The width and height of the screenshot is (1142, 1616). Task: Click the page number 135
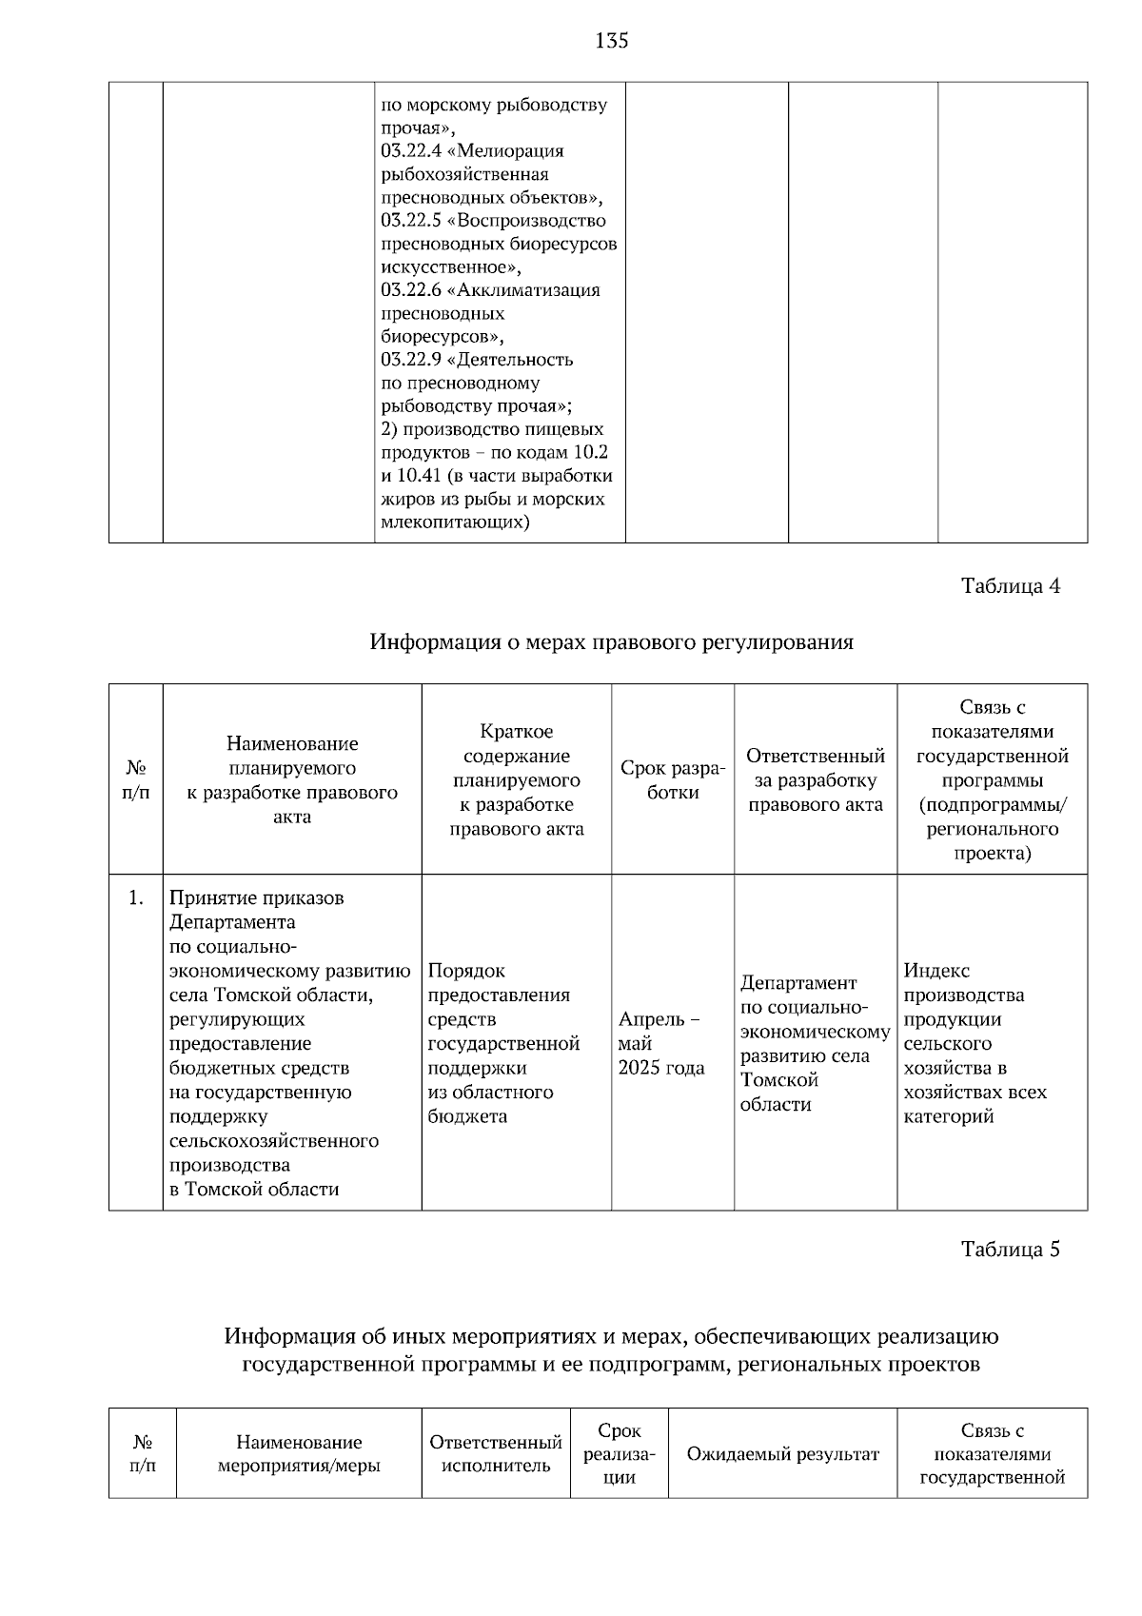611,40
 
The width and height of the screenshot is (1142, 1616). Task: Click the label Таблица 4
1010,585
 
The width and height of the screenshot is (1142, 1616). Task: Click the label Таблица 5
1010,1249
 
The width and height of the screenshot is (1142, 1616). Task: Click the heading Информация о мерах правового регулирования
611,642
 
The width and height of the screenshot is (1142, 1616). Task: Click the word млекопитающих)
455,522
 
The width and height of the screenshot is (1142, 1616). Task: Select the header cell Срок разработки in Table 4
672,780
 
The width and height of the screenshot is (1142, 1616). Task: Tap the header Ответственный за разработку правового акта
815,780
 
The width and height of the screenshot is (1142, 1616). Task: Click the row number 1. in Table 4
136,897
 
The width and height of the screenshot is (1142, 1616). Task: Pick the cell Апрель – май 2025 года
661,1043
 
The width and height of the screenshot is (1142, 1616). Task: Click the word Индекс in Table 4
935,971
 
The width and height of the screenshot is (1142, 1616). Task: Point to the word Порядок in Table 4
466,971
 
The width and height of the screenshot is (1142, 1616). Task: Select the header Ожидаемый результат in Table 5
782,1454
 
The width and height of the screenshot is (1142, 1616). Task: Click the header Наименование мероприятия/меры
299,1454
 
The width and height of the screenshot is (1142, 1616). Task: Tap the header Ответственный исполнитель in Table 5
496,1454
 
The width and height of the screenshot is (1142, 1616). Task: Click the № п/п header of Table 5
142,1454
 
